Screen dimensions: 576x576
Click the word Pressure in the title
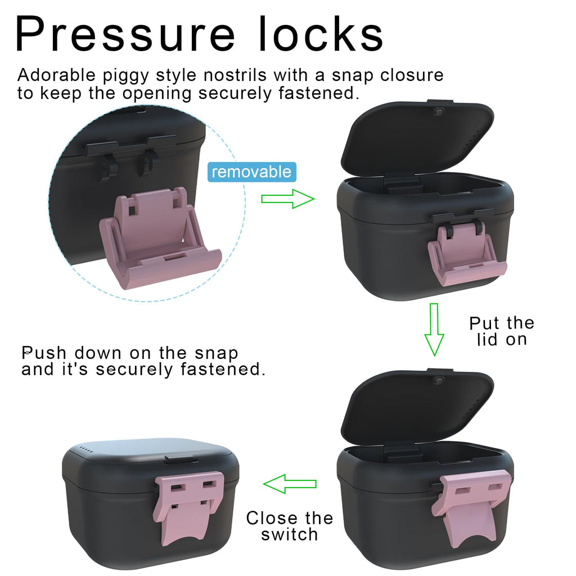[x=125, y=33]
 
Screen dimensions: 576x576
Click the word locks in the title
[x=321, y=33]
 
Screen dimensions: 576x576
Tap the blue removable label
[x=251, y=172]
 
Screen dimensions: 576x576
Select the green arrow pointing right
[x=287, y=199]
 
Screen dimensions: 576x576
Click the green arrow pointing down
[x=434, y=330]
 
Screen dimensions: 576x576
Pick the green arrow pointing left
[x=290, y=483]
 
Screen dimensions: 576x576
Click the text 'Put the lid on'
[x=502, y=331]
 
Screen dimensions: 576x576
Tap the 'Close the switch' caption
[x=290, y=526]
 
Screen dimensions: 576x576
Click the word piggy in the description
[x=125, y=76]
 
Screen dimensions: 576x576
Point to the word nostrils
[x=235, y=75]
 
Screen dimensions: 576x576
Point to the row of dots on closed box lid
[x=86, y=449]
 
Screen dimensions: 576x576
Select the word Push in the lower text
[x=44, y=353]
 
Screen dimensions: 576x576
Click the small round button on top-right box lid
[x=438, y=112]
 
